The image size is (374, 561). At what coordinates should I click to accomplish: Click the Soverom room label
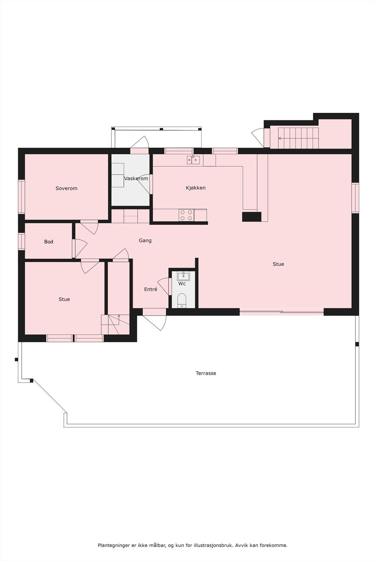tap(66, 188)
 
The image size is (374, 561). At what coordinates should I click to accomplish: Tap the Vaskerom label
tap(136, 178)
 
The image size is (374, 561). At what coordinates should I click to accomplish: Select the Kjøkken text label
tap(196, 188)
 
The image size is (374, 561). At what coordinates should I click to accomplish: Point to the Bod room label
tap(49, 242)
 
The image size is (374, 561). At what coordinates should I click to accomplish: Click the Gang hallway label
tap(145, 241)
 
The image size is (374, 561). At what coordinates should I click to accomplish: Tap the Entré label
tap(150, 289)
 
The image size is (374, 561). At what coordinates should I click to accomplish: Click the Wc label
tap(182, 283)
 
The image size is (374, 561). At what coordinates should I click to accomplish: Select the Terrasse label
tap(206, 373)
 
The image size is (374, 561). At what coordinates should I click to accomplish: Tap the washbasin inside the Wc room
tap(183, 276)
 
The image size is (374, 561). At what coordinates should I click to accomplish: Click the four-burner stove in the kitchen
tap(186, 215)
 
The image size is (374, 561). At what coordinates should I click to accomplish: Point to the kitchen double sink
tap(193, 160)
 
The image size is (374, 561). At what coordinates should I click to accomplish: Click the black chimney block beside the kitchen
tap(252, 217)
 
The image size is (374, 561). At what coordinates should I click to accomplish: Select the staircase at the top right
tap(298, 138)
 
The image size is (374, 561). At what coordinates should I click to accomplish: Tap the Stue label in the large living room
tap(278, 264)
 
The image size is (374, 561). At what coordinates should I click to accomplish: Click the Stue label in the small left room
tap(64, 299)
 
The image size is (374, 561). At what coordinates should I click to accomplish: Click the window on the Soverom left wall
tap(22, 196)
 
